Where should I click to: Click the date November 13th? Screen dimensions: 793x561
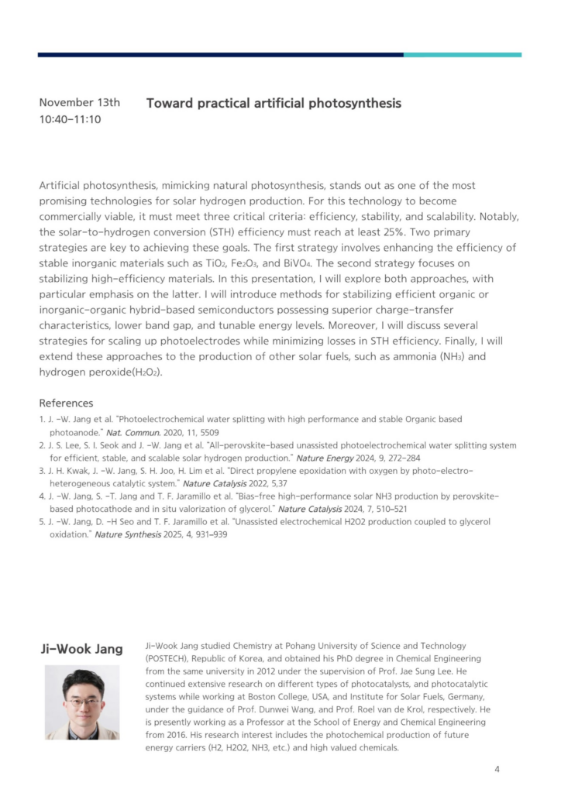[79, 102]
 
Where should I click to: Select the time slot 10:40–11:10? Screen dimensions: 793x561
[70, 119]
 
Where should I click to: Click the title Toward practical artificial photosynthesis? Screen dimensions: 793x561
[274, 103]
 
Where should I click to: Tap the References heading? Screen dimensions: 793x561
[66, 403]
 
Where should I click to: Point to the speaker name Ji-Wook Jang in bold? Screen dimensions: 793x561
[81, 648]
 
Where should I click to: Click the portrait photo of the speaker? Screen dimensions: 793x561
[81, 702]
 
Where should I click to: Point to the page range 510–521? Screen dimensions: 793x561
[385, 509]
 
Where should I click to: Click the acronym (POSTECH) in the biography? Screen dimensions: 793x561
[172, 658]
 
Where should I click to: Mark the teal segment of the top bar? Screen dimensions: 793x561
[462, 55]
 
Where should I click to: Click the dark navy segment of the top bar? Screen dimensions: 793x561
[220, 55]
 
